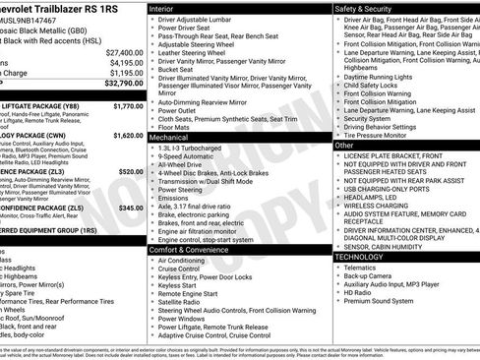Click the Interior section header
[167, 7]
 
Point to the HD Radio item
[360, 292]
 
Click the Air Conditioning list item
[185, 261]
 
